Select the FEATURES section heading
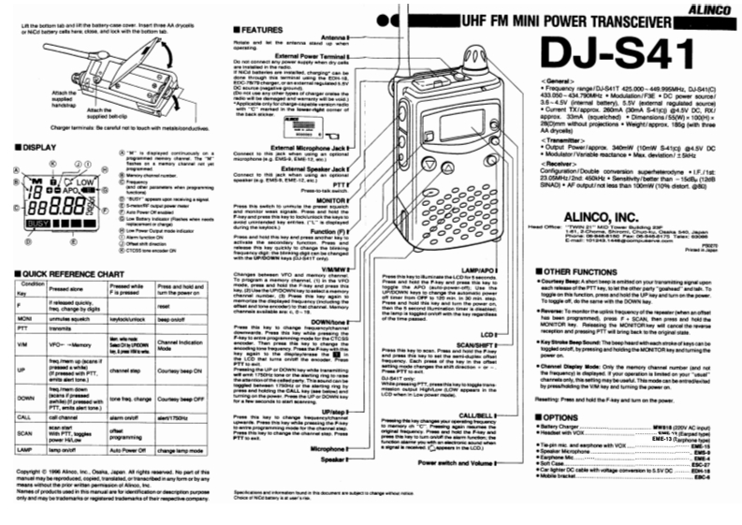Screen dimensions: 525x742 pyautogui.click(x=264, y=30)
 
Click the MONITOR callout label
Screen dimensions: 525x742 pyautogui.click(x=330, y=201)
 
